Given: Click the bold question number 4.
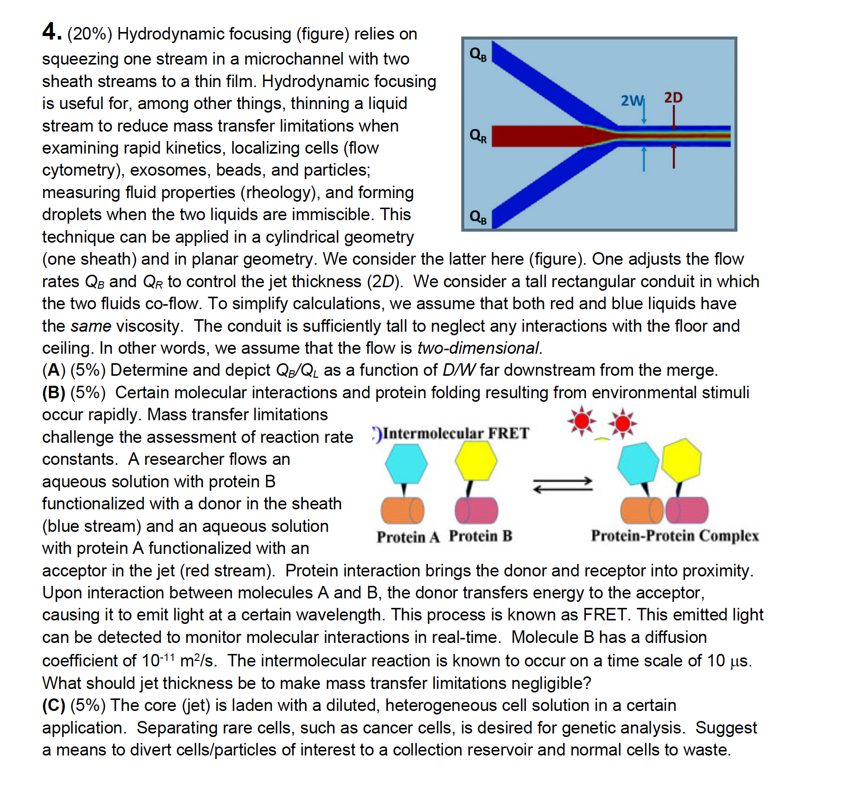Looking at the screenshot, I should (x=52, y=32).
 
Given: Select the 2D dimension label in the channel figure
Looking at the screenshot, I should (x=673, y=97).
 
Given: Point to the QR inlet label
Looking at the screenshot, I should (x=478, y=136).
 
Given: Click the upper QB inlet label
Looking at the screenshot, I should (x=478, y=54).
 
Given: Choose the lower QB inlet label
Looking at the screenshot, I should (x=478, y=217).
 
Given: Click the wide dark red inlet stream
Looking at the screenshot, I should (x=540, y=136).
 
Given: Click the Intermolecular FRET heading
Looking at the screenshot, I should (x=455, y=433).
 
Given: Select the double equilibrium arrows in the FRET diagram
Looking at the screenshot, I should (x=562, y=485).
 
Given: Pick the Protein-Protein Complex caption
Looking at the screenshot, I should (x=674, y=536).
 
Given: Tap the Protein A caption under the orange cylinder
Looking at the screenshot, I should (x=408, y=537).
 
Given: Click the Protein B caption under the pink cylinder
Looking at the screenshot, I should (x=480, y=536).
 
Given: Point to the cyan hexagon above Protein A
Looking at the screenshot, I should (x=406, y=463).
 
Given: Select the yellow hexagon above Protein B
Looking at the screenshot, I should (x=476, y=461).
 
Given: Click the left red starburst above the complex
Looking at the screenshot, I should (x=581, y=421).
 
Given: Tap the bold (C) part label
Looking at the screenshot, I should (x=54, y=705).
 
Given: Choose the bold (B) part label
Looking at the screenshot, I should (x=54, y=393).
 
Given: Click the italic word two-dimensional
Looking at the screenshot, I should (x=478, y=348).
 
